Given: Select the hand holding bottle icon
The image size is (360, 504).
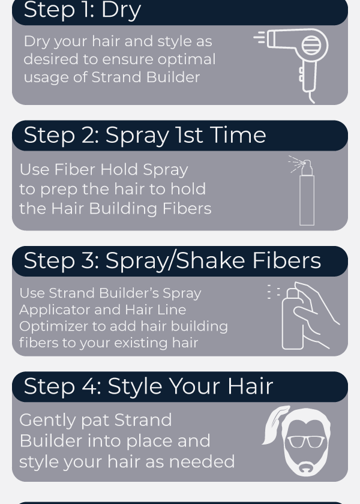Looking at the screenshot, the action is (x=308, y=316).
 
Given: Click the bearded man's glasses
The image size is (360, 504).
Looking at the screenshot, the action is (x=305, y=442).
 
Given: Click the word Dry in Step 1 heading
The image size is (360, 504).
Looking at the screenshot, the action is (x=121, y=10).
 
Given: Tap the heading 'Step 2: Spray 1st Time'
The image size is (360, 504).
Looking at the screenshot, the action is (x=145, y=136).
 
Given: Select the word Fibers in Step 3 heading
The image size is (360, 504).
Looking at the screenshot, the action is (x=287, y=260).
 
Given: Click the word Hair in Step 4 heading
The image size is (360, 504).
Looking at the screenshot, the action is (x=250, y=386).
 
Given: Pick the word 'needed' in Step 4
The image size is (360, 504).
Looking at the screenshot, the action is (x=202, y=461).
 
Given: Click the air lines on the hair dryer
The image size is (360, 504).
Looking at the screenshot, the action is (x=259, y=37).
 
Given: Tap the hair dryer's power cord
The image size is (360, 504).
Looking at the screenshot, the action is (x=311, y=97).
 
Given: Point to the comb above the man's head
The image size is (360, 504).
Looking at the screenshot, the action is (x=275, y=425).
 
